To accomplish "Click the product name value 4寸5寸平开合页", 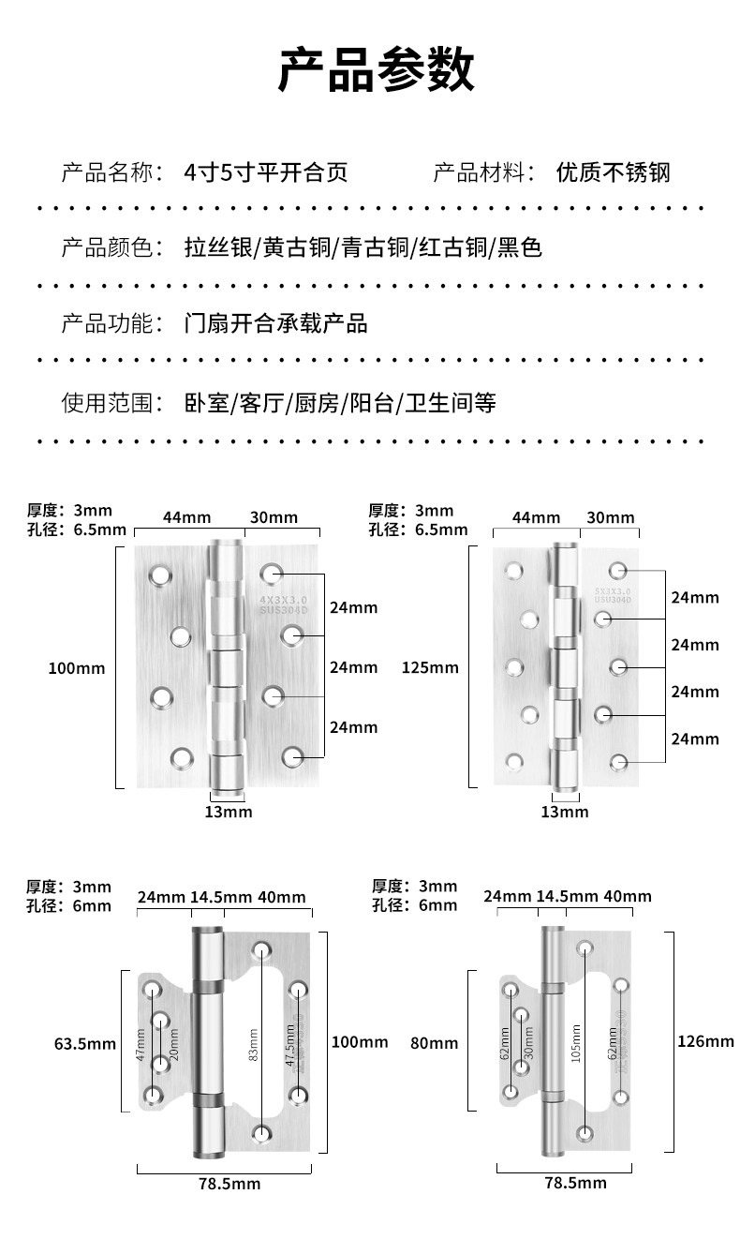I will point(265,172).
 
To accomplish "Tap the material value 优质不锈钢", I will point(613,172).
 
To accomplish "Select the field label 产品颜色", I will point(106,248).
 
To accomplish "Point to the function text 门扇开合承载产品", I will point(275,324).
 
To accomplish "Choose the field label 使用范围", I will point(106,403).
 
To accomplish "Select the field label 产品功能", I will point(106,324).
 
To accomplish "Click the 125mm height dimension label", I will point(430,668).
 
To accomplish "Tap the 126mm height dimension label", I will point(705,1041).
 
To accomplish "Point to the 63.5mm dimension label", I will point(84,1043).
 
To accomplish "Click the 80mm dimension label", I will point(435,1043).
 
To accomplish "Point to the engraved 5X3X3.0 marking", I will point(613,591).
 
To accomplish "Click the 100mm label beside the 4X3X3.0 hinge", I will point(77,668).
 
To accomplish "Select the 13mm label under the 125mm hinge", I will point(564,812).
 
